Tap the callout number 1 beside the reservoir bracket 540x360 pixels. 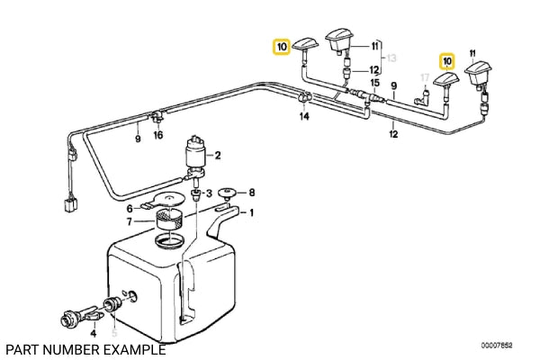tap(251, 213)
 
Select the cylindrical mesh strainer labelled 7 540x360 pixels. tap(169, 220)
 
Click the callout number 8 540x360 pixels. tap(252, 193)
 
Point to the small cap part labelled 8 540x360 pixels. tap(227, 193)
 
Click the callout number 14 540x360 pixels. tap(304, 116)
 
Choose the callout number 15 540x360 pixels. tap(374, 83)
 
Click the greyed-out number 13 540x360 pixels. tap(391, 58)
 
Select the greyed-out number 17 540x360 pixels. tap(425, 77)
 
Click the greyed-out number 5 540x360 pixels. tap(114, 332)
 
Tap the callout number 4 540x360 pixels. tap(93, 333)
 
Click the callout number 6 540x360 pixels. tap(130, 209)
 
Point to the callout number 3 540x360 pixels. tap(209, 193)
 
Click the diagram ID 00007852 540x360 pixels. tap(496, 346)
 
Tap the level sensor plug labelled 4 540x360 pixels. tap(80, 315)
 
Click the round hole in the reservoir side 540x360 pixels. tap(132, 297)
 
